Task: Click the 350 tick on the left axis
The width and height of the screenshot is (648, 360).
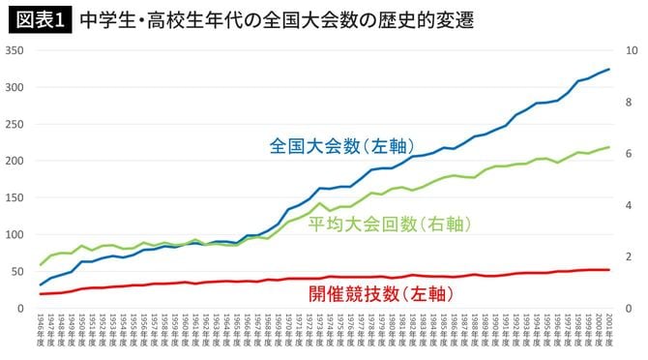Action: (15, 50)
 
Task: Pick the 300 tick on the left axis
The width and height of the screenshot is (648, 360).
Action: (15, 87)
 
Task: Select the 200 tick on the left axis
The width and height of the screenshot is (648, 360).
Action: (15, 161)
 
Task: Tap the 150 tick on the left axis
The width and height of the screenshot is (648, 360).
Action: (15, 197)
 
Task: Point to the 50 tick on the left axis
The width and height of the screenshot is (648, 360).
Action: (18, 271)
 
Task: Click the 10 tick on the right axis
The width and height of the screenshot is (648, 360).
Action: (631, 50)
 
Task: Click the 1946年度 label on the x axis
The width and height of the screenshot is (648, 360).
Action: (41, 332)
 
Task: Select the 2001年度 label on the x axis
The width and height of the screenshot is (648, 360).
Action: (607, 332)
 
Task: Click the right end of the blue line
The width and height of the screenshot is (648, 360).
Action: (608, 69)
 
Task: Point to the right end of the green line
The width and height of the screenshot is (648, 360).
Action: (608, 147)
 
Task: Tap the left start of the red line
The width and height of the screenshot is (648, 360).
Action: (41, 294)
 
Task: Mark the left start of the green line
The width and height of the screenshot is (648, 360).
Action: (41, 264)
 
